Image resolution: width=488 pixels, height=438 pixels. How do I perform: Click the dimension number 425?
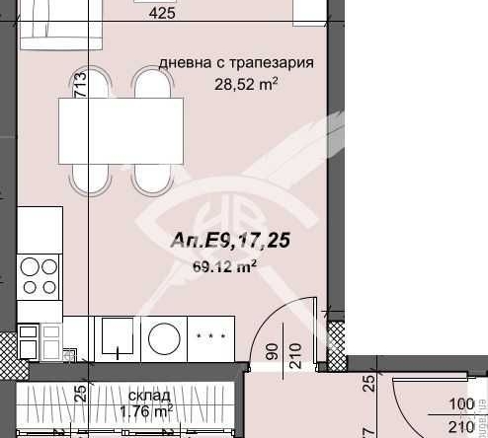point(162,14)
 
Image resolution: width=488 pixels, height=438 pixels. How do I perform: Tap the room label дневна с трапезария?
point(237,63)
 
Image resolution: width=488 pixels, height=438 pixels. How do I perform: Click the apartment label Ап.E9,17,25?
point(230,240)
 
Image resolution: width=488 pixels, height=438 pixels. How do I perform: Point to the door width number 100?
point(461,404)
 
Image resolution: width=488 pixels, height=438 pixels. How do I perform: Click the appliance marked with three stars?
point(209,336)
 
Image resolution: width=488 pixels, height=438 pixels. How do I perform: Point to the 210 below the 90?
point(292,351)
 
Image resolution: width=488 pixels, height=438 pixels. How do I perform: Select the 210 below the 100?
point(461,425)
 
